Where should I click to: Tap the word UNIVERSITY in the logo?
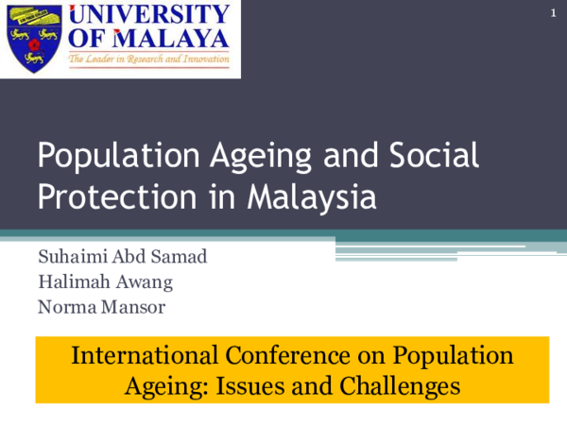(x=148, y=15)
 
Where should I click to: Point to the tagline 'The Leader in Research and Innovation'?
(x=148, y=59)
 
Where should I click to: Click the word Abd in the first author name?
(x=118, y=258)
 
